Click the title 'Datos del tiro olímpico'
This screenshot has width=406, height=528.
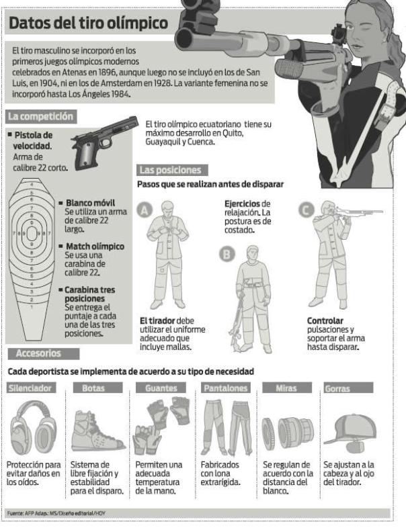coord(89,24)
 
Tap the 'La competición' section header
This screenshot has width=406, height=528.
coord(40,116)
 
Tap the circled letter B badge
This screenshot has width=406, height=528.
coord(227,255)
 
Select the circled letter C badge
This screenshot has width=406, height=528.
coord(306,210)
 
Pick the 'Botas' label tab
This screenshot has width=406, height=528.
coord(95,388)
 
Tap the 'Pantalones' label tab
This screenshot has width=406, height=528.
coord(225,388)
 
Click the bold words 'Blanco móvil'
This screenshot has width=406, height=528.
coord(90,203)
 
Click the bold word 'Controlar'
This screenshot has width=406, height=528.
coord(325,320)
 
